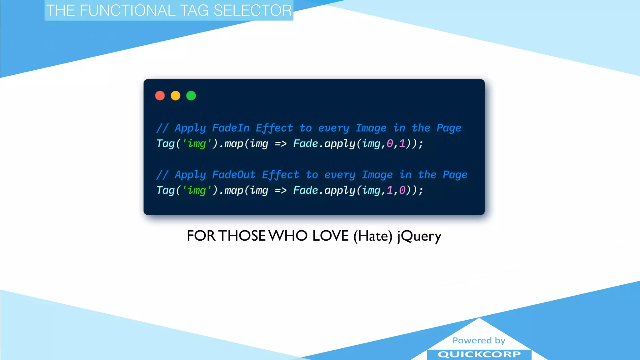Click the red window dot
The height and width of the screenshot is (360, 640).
click(x=160, y=96)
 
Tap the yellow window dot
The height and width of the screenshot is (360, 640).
click(x=176, y=96)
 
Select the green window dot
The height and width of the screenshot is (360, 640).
click(x=191, y=96)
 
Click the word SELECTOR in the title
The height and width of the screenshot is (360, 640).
click(x=252, y=11)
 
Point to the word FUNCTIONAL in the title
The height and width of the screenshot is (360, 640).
click(x=127, y=11)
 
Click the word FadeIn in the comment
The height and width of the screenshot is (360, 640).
click(x=231, y=128)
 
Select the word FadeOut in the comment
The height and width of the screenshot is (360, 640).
click(x=234, y=175)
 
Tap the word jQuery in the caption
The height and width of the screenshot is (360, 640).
click(x=419, y=236)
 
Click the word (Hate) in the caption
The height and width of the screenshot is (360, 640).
click(x=373, y=236)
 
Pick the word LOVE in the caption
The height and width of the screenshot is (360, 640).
click(x=330, y=236)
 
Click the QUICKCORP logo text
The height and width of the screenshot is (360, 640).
click(x=479, y=354)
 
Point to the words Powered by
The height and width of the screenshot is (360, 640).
click(x=479, y=340)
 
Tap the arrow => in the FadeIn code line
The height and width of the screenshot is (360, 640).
click(x=281, y=144)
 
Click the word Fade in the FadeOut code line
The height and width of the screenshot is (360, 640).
click(x=305, y=190)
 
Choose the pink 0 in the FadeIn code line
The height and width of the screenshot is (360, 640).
click(x=390, y=144)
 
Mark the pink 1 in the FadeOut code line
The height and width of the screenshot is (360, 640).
click(x=390, y=190)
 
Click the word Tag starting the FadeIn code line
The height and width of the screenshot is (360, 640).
click(x=165, y=144)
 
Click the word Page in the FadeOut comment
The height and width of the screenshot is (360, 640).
click(x=455, y=175)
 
